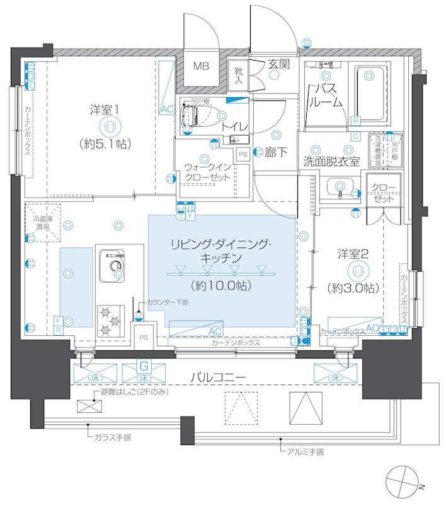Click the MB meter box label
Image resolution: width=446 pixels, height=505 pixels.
tap(201, 66)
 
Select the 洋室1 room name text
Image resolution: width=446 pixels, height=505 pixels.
tap(105, 109)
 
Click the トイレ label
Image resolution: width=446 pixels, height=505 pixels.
tap(234, 126)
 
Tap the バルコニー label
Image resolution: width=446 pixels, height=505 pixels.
tap(219, 377)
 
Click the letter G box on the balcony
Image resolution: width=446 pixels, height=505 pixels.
tap(144, 365)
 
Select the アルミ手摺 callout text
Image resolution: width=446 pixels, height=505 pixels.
tap(306, 451)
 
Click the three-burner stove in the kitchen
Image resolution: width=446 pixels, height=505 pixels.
tap(110, 320)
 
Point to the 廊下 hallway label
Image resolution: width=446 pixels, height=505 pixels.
tap(274, 151)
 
